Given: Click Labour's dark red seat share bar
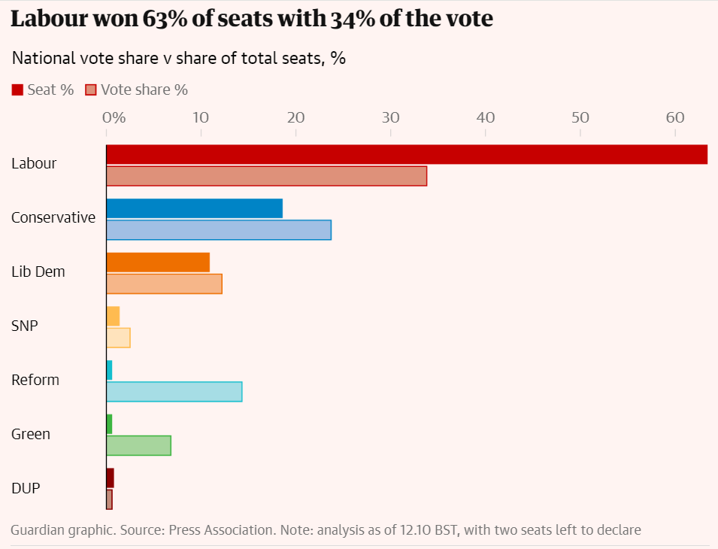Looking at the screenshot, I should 406,154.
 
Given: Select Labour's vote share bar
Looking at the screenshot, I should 266,176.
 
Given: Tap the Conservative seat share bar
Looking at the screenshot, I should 194,208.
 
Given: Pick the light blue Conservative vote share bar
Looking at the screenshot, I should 218,230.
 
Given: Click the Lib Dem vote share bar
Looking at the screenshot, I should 164,284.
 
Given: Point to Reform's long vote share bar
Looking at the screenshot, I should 174,392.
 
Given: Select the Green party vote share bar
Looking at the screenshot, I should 138,446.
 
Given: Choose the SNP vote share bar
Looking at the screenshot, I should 118,338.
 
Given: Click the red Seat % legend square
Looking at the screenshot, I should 17,90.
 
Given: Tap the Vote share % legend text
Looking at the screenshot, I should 144,90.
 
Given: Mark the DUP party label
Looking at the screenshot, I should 26,488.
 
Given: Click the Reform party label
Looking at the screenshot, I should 35,380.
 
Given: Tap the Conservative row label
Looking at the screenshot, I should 53,217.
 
